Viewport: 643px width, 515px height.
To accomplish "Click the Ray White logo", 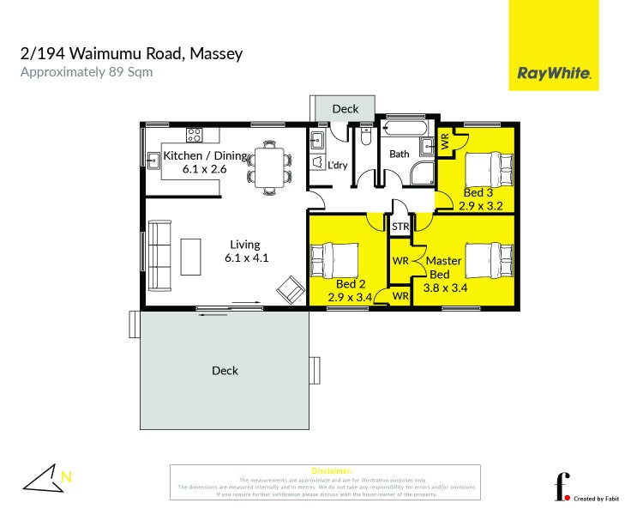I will click(x=554, y=73).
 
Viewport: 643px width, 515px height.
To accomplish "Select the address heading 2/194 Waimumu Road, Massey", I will click(x=131, y=53).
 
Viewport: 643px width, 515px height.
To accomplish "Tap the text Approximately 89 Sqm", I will click(x=86, y=72).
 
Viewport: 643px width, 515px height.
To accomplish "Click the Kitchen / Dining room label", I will click(x=205, y=156).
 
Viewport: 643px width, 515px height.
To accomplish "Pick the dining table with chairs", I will click(x=267, y=165).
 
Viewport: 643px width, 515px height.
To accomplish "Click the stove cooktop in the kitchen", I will click(x=195, y=135).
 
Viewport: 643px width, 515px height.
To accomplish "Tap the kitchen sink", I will click(x=153, y=157).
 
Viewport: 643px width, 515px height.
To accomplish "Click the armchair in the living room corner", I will click(x=290, y=290).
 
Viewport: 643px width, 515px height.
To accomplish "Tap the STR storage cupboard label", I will click(x=400, y=227).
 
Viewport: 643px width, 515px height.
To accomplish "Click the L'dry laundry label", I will click(x=338, y=166).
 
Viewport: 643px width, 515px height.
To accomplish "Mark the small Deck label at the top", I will click(x=345, y=109).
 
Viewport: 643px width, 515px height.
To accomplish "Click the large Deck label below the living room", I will click(x=225, y=371).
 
